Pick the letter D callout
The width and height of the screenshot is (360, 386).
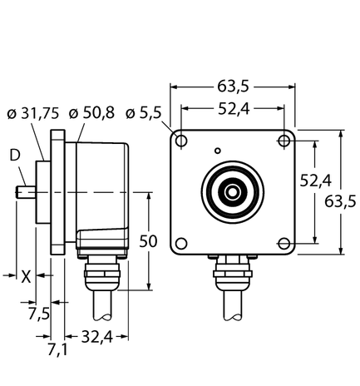(x=14, y=155)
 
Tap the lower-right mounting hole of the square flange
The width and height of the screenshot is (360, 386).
(x=284, y=242)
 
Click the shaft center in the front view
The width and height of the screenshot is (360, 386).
(x=234, y=191)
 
